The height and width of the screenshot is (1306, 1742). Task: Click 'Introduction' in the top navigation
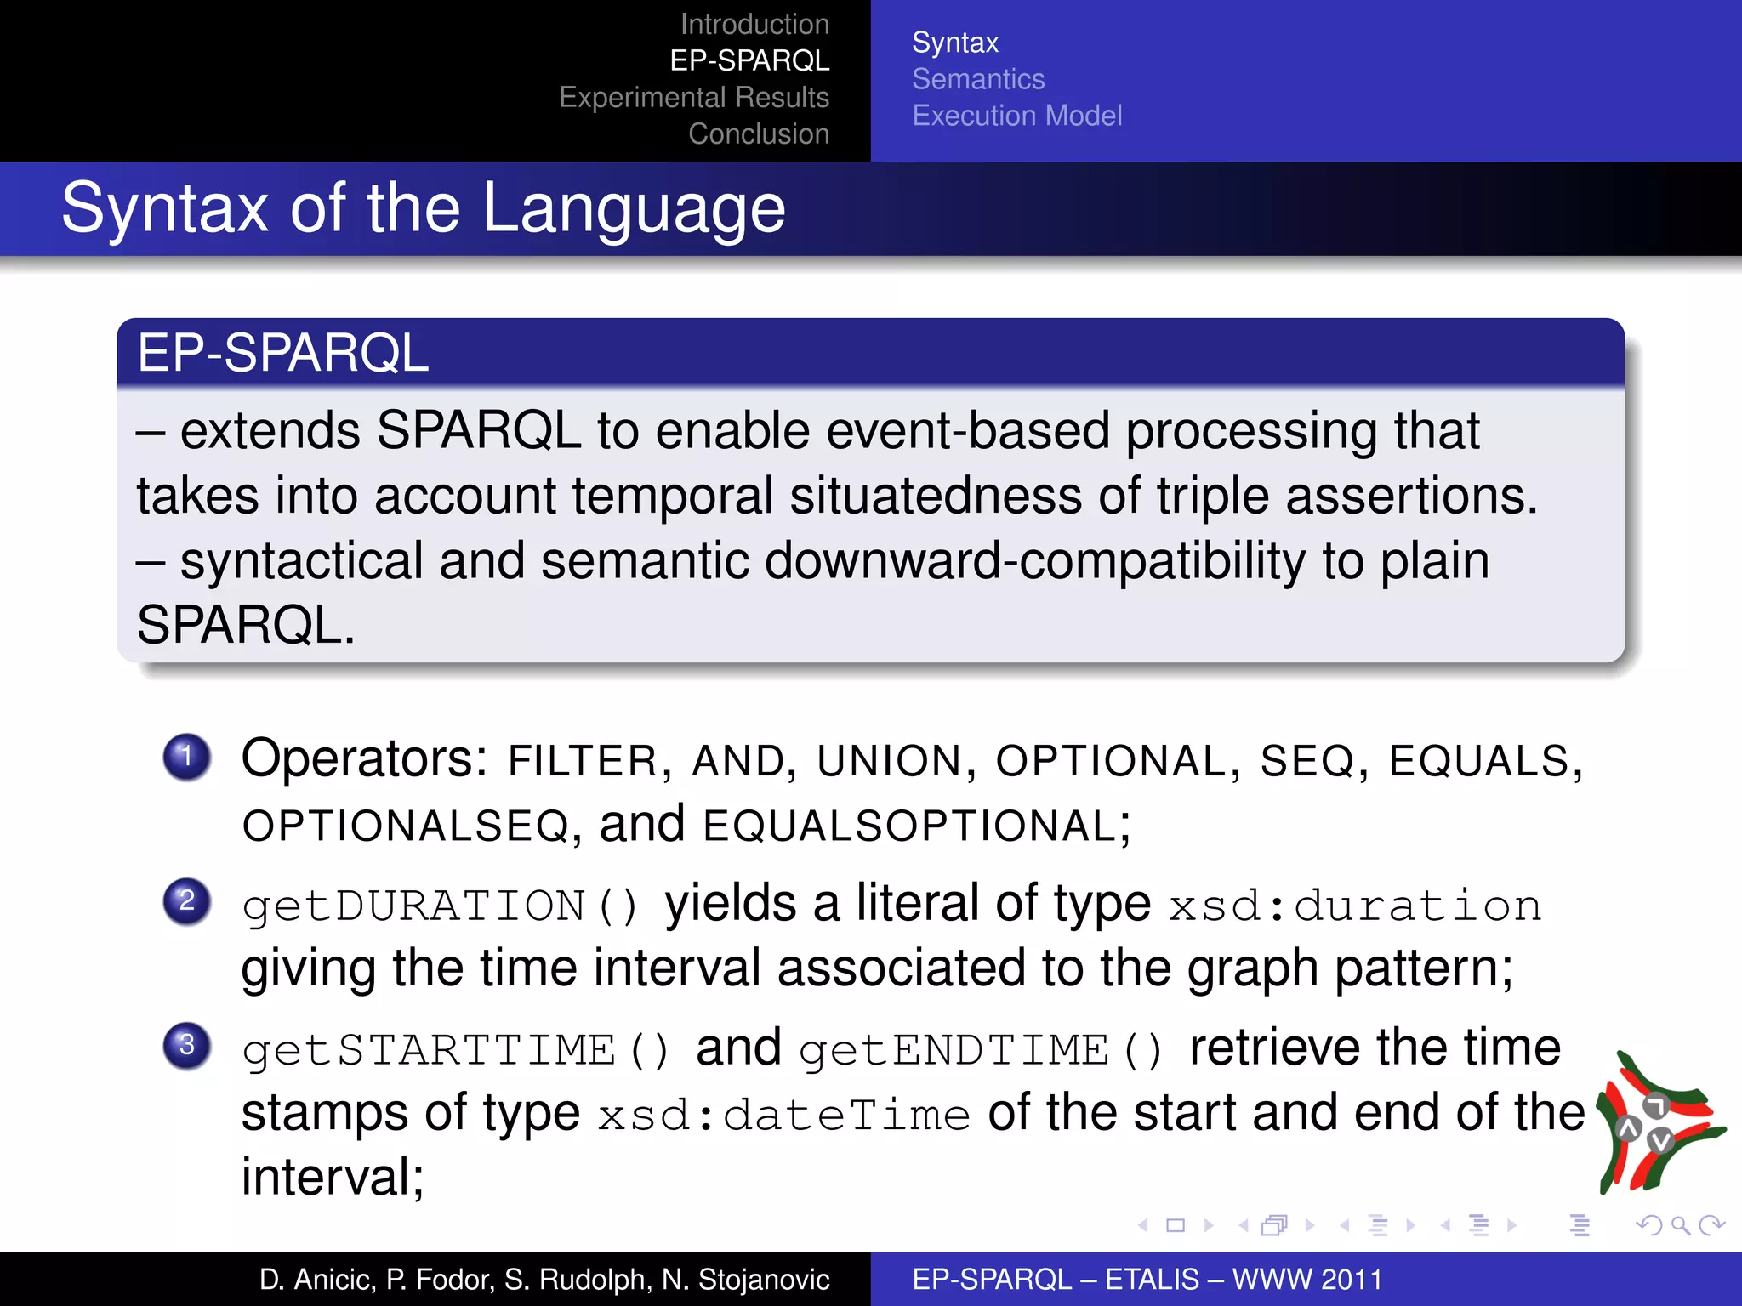[x=754, y=24]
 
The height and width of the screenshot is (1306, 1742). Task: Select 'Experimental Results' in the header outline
[x=694, y=97]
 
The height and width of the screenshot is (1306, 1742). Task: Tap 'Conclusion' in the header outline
[x=758, y=133]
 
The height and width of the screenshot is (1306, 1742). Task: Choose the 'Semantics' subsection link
[x=978, y=79]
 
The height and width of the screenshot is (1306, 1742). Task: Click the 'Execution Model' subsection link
[x=1016, y=116]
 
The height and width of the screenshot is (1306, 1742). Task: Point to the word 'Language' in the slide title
[x=634, y=209]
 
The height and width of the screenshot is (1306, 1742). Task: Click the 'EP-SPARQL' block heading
[x=283, y=353]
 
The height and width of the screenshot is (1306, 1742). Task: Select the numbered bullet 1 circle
[x=186, y=756]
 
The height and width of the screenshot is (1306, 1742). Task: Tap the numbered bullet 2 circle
[x=186, y=900]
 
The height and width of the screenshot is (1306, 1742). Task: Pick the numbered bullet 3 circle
[x=186, y=1045]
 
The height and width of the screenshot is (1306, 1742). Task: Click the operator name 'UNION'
[x=889, y=760]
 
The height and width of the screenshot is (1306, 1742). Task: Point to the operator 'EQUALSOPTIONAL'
[x=910, y=826]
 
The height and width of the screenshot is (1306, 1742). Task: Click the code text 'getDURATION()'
[x=440, y=906]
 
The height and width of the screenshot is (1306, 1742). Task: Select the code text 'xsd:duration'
[x=1355, y=906]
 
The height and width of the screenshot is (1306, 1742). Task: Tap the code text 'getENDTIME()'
[x=980, y=1050]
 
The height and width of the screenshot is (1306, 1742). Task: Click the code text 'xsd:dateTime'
[x=783, y=1116]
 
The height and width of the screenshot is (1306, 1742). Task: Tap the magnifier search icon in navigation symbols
[x=1680, y=1225]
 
